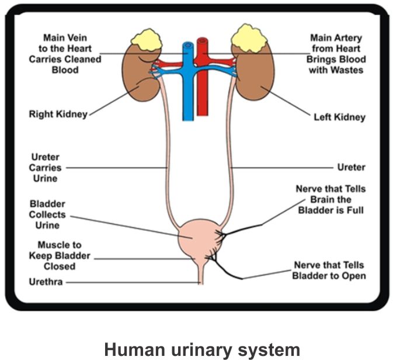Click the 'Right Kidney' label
click(x=58, y=115)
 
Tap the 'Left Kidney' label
click(x=339, y=117)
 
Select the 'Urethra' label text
click(x=46, y=282)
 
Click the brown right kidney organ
click(x=140, y=79)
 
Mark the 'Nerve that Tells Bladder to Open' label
click(x=329, y=271)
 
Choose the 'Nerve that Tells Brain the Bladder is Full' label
click(x=331, y=199)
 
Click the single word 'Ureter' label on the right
click(x=351, y=167)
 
